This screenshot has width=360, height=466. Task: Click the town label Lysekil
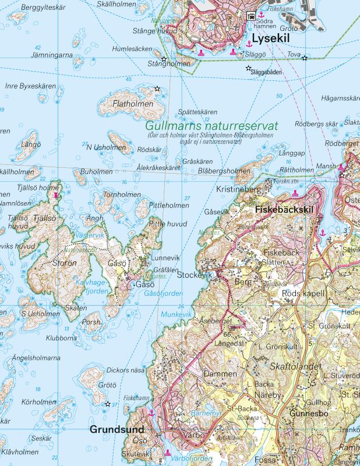click(271, 39)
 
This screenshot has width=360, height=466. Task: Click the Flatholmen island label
click(126, 103)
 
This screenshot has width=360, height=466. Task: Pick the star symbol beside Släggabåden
click(249, 69)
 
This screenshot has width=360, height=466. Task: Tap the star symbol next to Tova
click(305, 58)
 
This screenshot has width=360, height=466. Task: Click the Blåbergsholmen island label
click(224, 171)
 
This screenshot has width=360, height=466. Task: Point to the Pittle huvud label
click(168, 224)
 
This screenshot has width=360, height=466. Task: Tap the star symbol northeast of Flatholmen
click(157, 89)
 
